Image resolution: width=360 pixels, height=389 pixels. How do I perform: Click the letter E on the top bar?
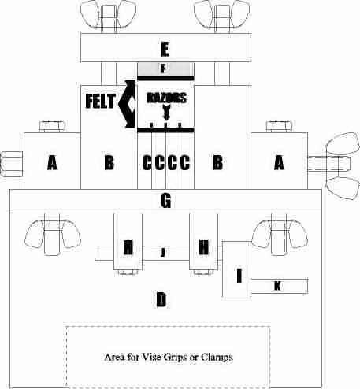click(165, 49)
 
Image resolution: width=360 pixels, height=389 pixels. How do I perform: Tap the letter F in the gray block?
click(164, 69)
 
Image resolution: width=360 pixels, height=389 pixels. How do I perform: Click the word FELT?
click(101, 101)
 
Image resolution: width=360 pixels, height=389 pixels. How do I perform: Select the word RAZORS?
click(166, 98)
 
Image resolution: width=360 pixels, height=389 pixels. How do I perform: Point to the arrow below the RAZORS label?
click(166, 113)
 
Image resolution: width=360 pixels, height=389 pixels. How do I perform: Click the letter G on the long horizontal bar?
click(166, 201)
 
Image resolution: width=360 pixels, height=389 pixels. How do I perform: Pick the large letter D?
click(161, 299)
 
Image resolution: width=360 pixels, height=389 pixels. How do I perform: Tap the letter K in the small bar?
click(277, 286)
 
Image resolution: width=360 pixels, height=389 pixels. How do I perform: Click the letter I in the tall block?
click(239, 276)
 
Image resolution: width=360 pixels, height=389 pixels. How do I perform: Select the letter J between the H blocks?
click(163, 253)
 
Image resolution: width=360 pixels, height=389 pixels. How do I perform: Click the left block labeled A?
click(52, 161)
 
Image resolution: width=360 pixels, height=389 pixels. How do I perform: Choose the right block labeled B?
click(223, 137)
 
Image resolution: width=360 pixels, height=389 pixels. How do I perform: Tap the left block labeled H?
click(128, 242)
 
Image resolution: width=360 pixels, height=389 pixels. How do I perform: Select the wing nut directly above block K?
click(280, 234)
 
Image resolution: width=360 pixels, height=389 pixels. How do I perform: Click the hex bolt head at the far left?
click(12, 164)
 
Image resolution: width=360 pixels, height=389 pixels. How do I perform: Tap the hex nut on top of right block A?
click(279, 126)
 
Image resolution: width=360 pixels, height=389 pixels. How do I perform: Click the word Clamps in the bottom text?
click(217, 358)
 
